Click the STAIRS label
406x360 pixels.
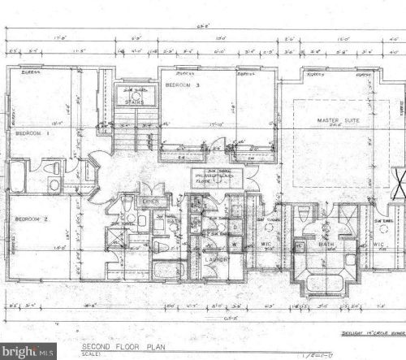point(134,103)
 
